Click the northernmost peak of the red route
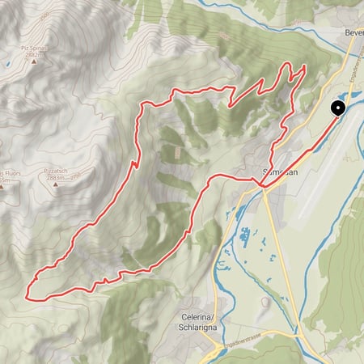[x=304, y=65]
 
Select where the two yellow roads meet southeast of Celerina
[x=302, y=333]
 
